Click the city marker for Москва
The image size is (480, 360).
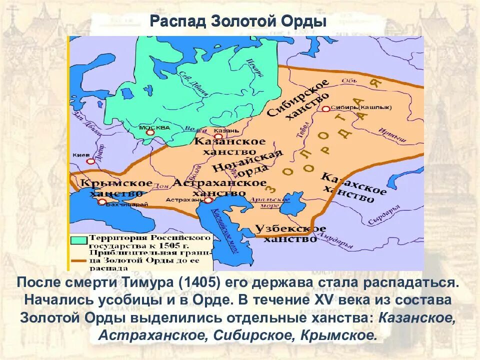tap(154, 133)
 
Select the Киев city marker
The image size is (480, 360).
tap(90, 161)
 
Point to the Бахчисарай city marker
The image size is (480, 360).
tap(102, 202)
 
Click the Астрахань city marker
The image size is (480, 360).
tap(208, 200)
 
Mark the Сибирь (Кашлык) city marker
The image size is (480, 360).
tap(325, 108)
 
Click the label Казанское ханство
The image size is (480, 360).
tap(229, 146)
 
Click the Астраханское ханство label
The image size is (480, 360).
tap(220, 187)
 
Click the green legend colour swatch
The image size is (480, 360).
tap(79, 240)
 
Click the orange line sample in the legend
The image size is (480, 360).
tap(79, 260)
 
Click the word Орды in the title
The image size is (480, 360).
tap(305, 22)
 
